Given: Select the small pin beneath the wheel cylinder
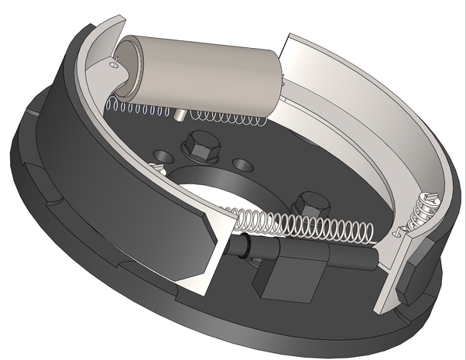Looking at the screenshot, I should (180, 115).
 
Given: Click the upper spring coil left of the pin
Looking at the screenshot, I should (139, 107).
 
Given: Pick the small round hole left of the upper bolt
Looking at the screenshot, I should (162, 153).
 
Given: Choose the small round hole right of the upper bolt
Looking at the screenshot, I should (243, 165).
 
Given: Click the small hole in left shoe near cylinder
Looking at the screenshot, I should (114, 66).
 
